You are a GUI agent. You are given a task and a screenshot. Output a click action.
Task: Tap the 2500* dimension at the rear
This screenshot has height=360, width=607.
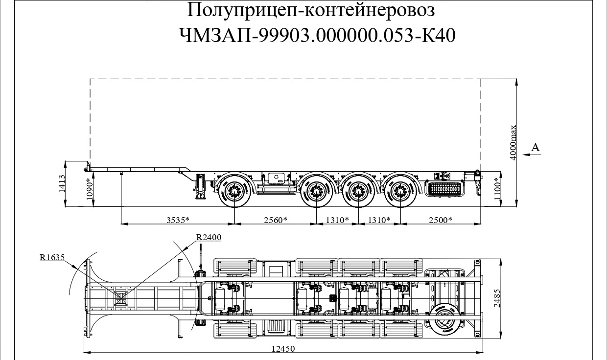pos(440,220)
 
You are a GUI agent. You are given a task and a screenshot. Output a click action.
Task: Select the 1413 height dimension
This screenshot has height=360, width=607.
pos(62,184)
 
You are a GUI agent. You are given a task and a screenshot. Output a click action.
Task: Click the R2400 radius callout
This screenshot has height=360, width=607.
pos(209,237)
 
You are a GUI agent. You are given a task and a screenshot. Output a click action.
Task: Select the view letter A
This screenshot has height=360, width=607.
pos(536,147)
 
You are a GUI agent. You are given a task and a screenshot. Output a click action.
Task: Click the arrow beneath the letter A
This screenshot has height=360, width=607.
pos(532,155)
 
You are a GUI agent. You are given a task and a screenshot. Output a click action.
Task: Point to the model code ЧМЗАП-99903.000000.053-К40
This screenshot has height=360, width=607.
pos(318,35)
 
